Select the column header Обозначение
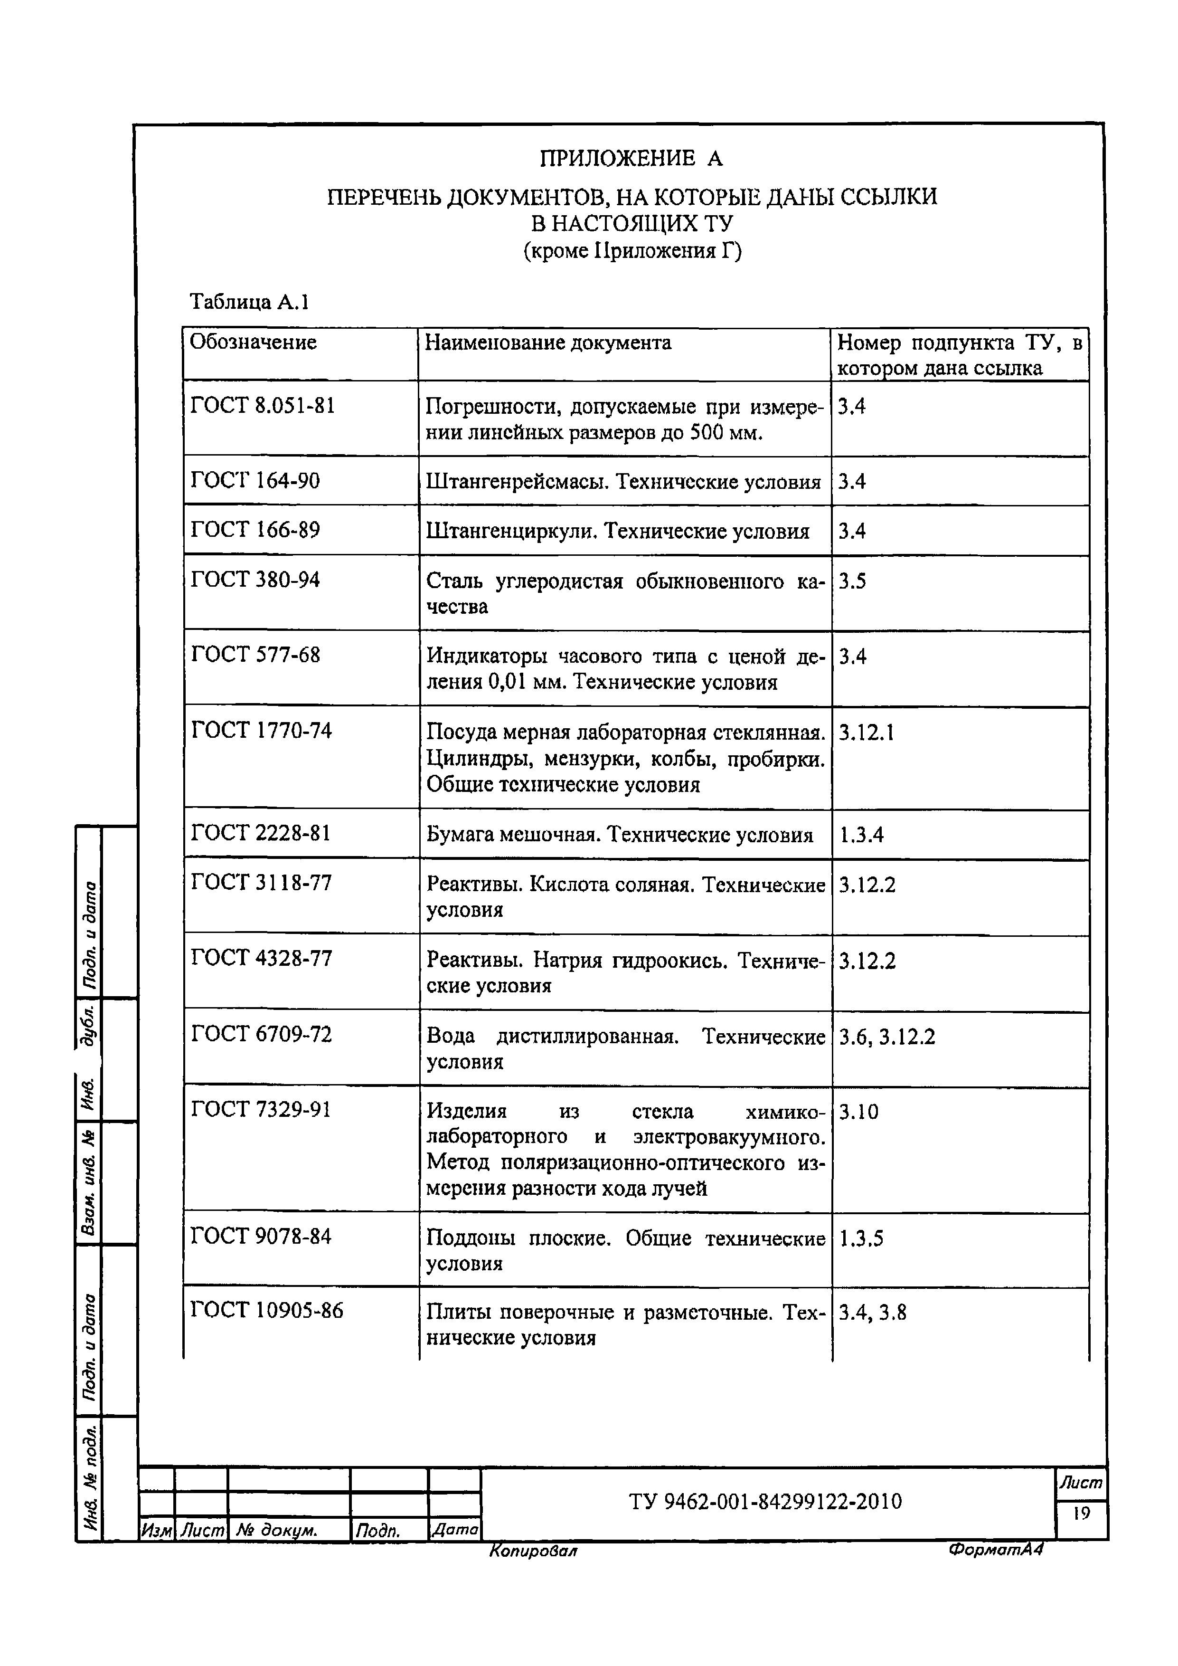pyautogui.click(x=253, y=343)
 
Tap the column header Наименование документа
pyautogui.click(x=547, y=343)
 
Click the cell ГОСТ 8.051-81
pyautogui.click(x=263, y=406)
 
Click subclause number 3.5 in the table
pyautogui.click(x=852, y=581)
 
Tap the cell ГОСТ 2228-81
pyautogui.click(x=260, y=833)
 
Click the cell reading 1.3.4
pyautogui.click(x=861, y=835)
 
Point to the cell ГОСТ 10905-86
pyautogui.click(x=267, y=1311)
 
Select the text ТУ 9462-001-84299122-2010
pyautogui.click(x=765, y=1501)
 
